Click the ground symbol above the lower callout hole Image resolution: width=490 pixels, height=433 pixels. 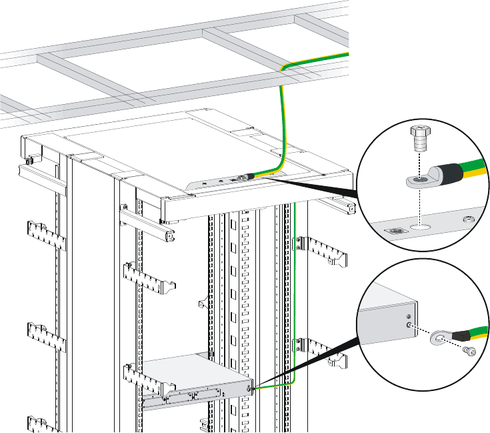408,314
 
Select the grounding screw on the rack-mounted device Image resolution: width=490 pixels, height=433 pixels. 250,388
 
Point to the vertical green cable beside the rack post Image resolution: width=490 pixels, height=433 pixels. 293,280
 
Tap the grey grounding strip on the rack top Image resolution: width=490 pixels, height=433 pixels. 220,183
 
